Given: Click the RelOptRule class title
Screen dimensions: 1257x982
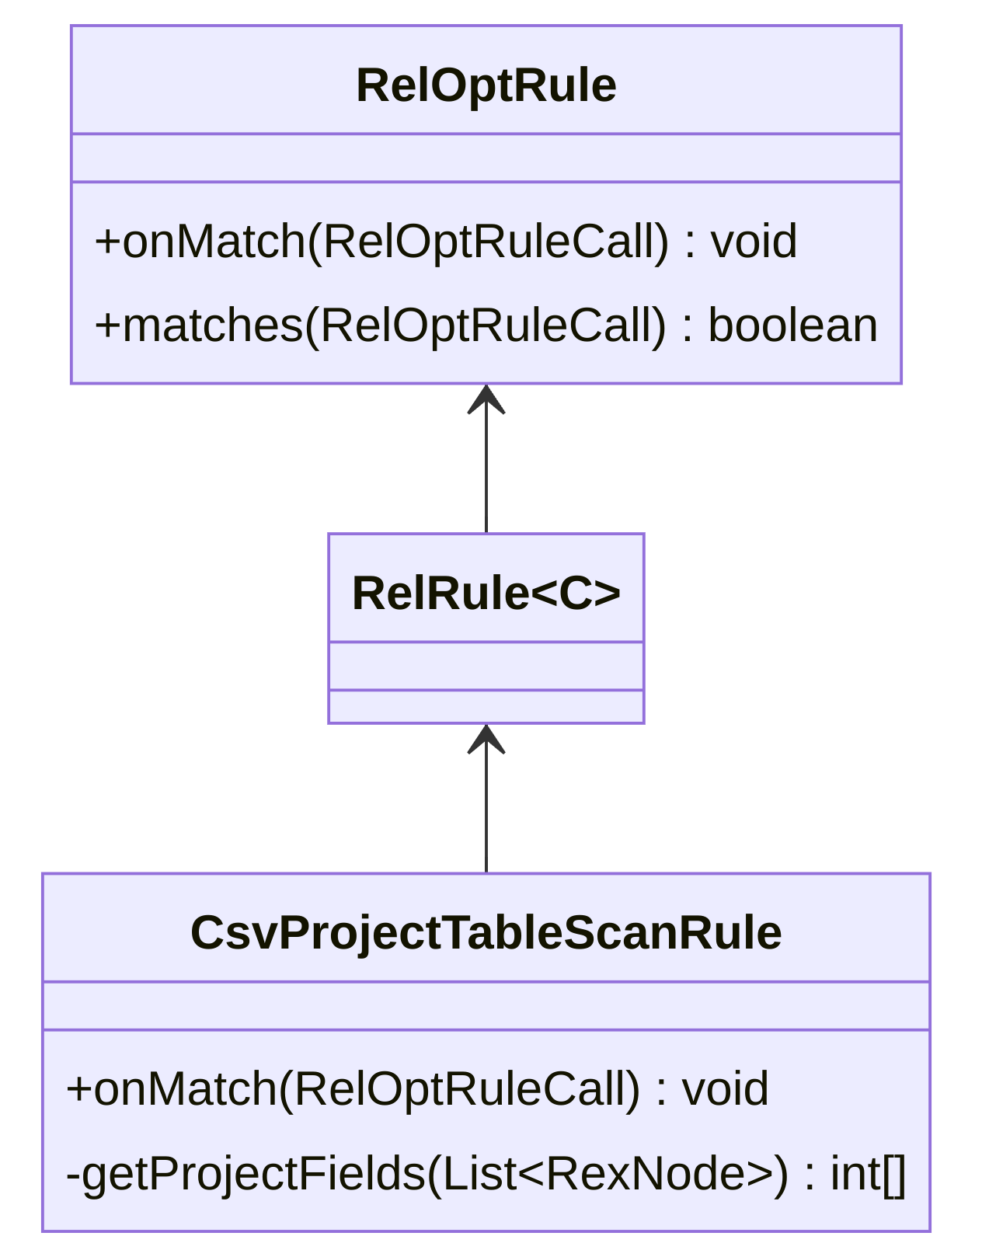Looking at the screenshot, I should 486,85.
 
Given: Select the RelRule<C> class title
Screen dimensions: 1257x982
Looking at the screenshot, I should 486,594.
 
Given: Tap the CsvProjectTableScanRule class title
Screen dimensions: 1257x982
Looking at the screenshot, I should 486,932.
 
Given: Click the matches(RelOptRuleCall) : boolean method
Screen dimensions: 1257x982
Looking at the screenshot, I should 486,325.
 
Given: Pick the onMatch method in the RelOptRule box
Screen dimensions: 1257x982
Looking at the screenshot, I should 445,241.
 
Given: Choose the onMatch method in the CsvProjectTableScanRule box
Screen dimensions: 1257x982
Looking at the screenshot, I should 417,1088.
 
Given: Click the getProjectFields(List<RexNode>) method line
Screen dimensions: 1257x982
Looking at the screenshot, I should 486,1173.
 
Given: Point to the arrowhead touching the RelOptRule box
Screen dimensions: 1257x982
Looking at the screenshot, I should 486,399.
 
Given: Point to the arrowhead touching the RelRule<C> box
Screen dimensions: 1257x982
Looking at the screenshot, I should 486,739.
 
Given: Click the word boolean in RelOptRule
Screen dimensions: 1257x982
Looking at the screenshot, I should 792,325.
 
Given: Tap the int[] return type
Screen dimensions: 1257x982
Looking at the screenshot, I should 868,1173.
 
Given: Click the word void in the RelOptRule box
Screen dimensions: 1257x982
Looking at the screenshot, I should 754,241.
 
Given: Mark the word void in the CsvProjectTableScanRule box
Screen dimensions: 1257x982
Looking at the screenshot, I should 726,1088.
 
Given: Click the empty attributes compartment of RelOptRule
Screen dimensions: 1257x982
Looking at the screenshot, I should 486,158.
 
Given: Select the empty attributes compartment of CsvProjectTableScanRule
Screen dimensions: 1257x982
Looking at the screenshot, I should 486,1006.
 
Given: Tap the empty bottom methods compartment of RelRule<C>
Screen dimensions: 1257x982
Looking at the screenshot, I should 486,706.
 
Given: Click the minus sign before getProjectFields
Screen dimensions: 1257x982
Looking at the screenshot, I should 73,1173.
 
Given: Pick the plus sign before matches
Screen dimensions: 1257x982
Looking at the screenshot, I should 107,326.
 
